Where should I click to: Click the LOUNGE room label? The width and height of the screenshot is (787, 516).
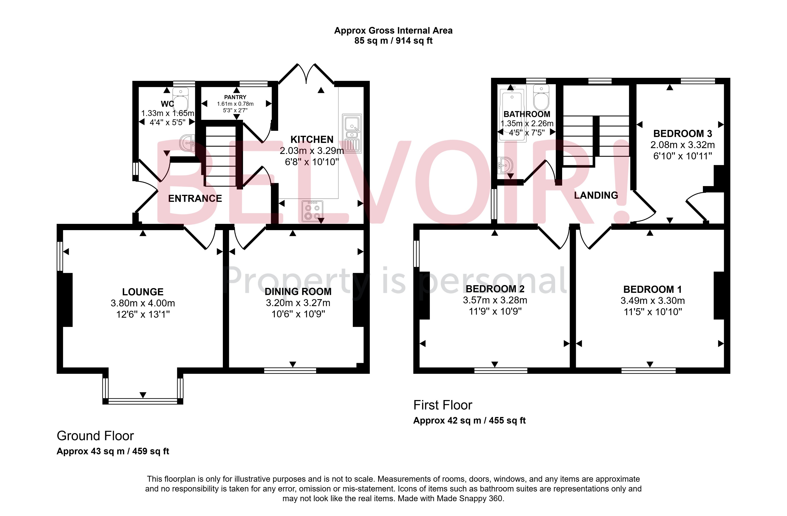[x=143, y=292]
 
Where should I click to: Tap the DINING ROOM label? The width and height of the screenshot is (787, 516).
[x=298, y=291]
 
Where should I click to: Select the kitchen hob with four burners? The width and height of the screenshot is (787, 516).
[x=312, y=211]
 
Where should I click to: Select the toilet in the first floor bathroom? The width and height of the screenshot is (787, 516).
[x=541, y=98]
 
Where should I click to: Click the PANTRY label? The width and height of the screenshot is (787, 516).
[x=235, y=97]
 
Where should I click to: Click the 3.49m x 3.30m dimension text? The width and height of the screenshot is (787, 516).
[x=652, y=300]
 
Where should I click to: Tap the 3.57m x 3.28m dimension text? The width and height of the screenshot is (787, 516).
[x=495, y=300]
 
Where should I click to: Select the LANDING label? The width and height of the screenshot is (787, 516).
[x=596, y=195]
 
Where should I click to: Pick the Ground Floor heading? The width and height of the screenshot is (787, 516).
[x=95, y=436]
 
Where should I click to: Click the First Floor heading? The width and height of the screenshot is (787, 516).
[x=443, y=405]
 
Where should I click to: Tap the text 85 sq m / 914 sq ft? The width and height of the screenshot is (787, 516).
[x=393, y=41]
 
